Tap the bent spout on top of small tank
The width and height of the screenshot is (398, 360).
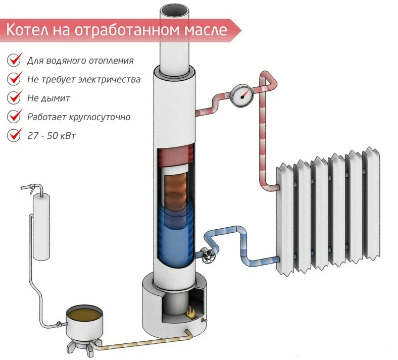coord(34,188)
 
